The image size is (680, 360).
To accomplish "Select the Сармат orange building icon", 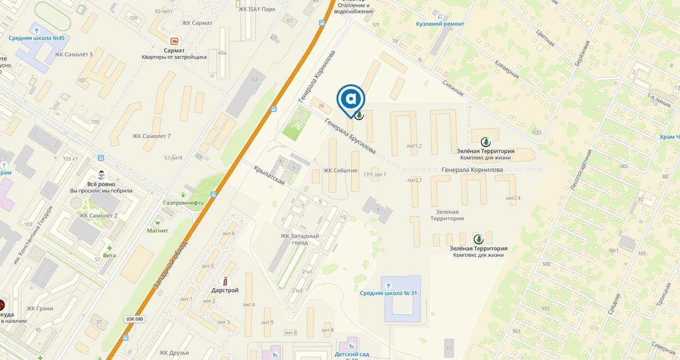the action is [x=174, y=41].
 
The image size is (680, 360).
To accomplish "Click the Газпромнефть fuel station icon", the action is [x=184, y=195].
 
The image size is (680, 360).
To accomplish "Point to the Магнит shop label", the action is [x=158, y=230].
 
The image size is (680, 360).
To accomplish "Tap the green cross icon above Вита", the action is [x=109, y=247].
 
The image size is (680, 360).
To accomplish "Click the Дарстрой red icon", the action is [x=225, y=281].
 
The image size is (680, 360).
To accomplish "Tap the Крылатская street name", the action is [x=269, y=174].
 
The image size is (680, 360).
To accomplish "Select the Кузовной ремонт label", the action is [x=440, y=24].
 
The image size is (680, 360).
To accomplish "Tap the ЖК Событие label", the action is [x=341, y=171].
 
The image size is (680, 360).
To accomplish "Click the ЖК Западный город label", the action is [x=300, y=239].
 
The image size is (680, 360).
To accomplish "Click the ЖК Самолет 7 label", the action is [x=151, y=136].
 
